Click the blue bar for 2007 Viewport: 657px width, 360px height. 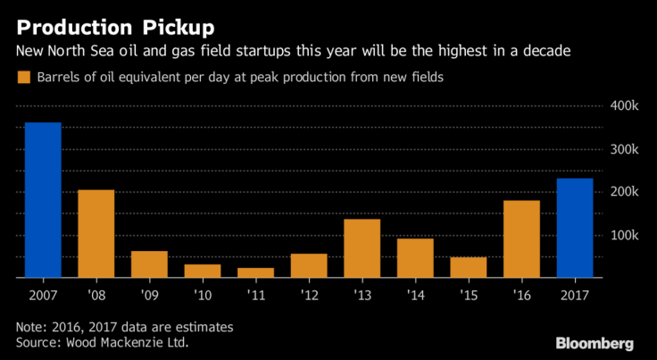pos(43,200)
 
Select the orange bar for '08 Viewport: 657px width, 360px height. pos(96,234)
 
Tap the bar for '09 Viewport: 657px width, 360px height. pos(149,264)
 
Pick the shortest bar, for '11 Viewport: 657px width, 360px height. pos(255,273)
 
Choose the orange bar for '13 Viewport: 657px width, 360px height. pos(362,248)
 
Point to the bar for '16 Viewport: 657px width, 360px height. pos(521,239)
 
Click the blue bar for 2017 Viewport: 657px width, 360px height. pos(575,228)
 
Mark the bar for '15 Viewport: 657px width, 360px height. pos(468,267)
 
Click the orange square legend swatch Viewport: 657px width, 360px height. pos(24,78)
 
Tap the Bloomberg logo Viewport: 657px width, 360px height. pos(595,343)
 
